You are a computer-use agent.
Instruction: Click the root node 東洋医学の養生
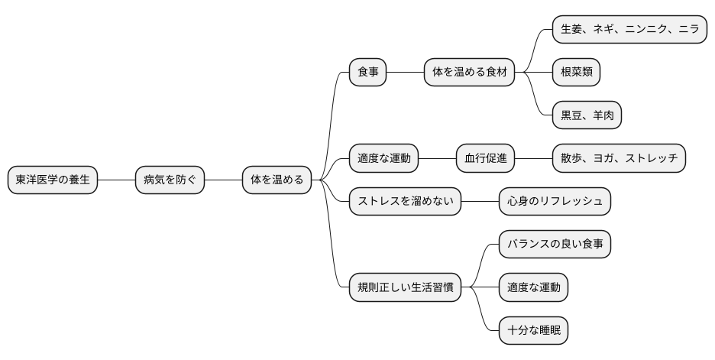(x=53, y=180)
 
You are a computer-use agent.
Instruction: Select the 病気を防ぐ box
(x=170, y=180)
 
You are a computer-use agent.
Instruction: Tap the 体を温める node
(x=277, y=180)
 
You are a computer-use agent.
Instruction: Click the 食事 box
(x=367, y=73)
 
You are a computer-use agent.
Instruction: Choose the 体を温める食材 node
(x=469, y=73)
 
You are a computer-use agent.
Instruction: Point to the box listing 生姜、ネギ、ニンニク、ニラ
(x=629, y=30)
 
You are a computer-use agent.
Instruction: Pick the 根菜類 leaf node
(x=576, y=73)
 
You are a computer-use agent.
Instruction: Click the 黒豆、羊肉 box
(x=587, y=115)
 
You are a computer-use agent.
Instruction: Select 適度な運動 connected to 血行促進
(x=384, y=158)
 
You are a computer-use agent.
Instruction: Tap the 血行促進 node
(x=485, y=158)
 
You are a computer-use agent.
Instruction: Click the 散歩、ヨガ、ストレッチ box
(x=619, y=158)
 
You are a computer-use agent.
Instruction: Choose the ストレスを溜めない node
(x=405, y=202)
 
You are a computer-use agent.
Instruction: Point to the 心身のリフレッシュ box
(x=555, y=202)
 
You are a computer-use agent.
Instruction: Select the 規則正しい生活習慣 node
(x=405, y=288)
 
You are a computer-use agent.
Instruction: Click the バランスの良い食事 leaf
(x=555, y=245)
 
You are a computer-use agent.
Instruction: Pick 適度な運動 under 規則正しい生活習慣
(x=533, y=288)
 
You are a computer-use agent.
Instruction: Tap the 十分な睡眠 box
(x=533, y=331)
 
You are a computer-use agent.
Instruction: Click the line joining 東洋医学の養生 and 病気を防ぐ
(x=116, y=180)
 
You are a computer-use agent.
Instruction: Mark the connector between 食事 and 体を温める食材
(x=405, y=73)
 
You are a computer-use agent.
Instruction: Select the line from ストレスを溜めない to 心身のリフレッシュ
(x=480, y=202)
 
